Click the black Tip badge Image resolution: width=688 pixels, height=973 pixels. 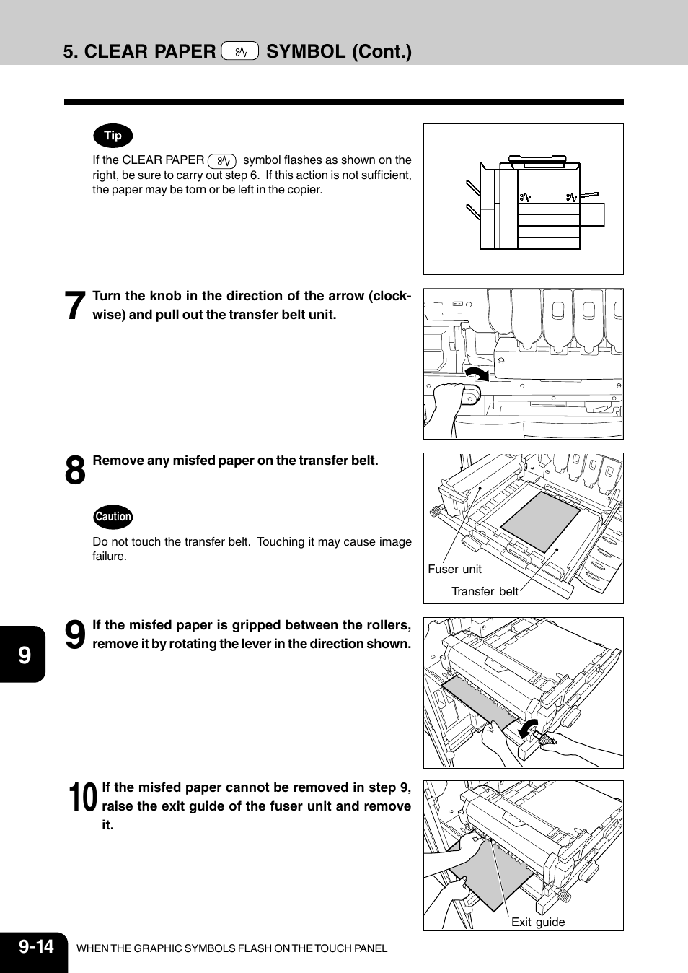tap(113, 136)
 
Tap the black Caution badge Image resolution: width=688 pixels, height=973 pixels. tap(113, 517)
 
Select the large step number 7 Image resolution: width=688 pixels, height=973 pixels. tap(75, 306)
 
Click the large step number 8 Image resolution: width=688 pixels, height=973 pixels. tap(75, 471)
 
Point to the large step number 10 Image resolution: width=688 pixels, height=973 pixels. tap(84, 798)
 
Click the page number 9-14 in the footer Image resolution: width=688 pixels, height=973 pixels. tap(36, 947)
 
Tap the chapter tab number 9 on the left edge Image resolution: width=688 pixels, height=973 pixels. tap(25, 655)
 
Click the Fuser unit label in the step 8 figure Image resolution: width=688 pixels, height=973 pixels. tap(454, 570)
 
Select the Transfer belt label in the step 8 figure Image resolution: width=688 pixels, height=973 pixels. tap(485, 592)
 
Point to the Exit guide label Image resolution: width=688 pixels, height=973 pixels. tap(538, 922)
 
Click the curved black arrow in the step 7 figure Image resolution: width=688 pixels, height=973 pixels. tap(477, 373)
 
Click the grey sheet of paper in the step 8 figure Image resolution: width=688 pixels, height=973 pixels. tap(540, 520)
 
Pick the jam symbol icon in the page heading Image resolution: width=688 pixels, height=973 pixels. tap(240, 51)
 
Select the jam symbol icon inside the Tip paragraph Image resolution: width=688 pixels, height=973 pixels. tap(222, 161)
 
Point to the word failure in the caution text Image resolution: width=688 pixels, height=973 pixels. tap(109, 557)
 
